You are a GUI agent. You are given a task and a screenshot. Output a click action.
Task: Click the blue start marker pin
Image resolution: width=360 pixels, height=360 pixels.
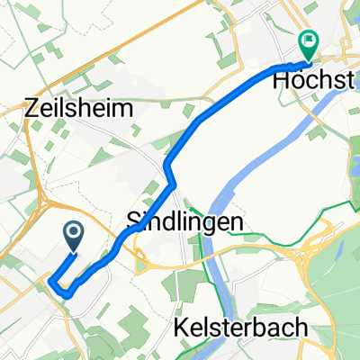[74, 236]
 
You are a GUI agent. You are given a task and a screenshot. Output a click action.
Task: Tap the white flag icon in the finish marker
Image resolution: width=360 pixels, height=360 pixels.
[309, 39]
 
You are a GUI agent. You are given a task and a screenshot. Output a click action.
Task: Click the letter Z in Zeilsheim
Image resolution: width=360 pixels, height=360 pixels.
[35, 110]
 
